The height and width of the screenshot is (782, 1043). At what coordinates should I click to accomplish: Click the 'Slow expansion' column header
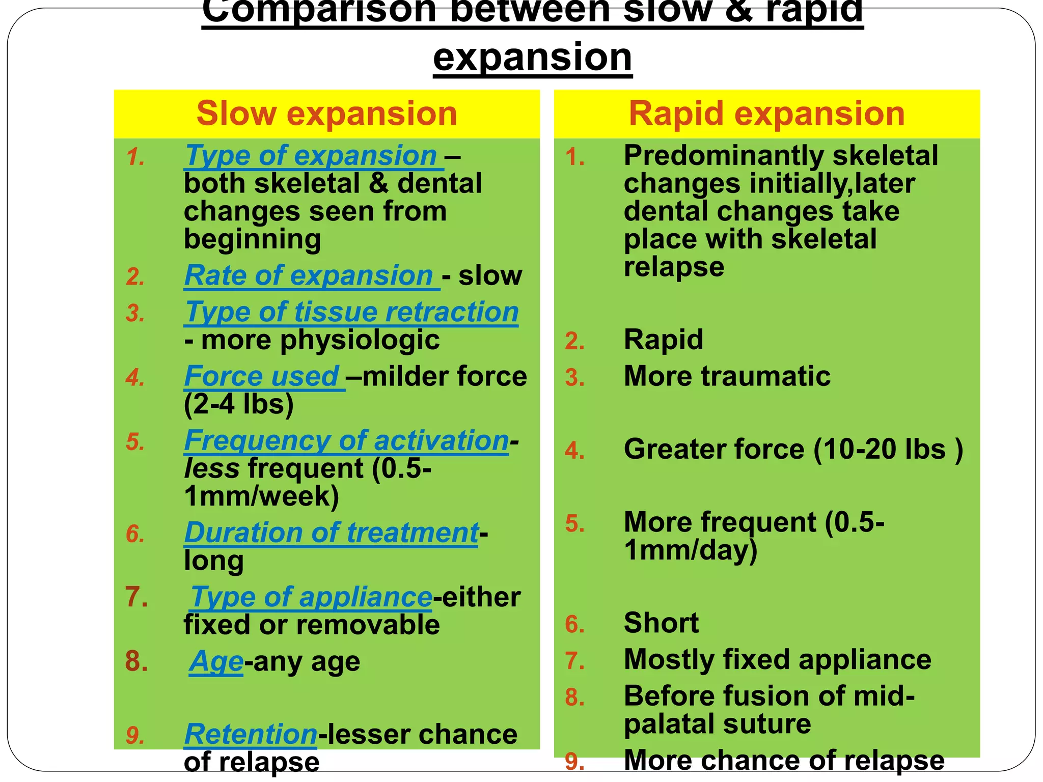326,114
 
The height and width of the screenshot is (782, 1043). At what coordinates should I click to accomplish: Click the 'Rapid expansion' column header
766,114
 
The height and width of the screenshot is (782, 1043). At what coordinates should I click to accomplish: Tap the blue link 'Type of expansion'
311,156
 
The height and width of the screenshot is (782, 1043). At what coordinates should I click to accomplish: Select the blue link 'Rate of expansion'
309,276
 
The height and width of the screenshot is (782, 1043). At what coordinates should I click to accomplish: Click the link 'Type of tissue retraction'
351,312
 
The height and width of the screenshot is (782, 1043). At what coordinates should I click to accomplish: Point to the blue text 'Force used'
262,377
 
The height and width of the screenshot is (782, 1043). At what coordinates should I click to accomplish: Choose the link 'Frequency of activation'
346,441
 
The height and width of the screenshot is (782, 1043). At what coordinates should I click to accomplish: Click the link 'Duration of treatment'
331,533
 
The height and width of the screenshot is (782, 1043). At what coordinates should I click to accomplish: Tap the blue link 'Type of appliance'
311,597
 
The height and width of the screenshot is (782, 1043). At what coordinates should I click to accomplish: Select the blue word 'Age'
216,662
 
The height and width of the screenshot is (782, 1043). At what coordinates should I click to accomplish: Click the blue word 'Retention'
251,735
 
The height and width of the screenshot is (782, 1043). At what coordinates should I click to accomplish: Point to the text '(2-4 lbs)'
239,405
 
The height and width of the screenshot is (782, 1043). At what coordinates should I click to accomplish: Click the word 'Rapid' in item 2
663,340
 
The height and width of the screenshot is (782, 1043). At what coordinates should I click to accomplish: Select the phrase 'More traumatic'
727,377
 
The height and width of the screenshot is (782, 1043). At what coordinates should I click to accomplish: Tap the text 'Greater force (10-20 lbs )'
793,450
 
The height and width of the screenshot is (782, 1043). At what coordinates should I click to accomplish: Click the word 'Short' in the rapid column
661,623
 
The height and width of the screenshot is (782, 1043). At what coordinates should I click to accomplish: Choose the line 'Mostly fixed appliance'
777,660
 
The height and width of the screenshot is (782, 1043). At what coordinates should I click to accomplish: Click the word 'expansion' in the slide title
533,58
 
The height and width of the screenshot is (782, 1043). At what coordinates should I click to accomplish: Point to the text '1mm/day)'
691,551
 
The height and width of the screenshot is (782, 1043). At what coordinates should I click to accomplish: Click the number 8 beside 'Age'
136,662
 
